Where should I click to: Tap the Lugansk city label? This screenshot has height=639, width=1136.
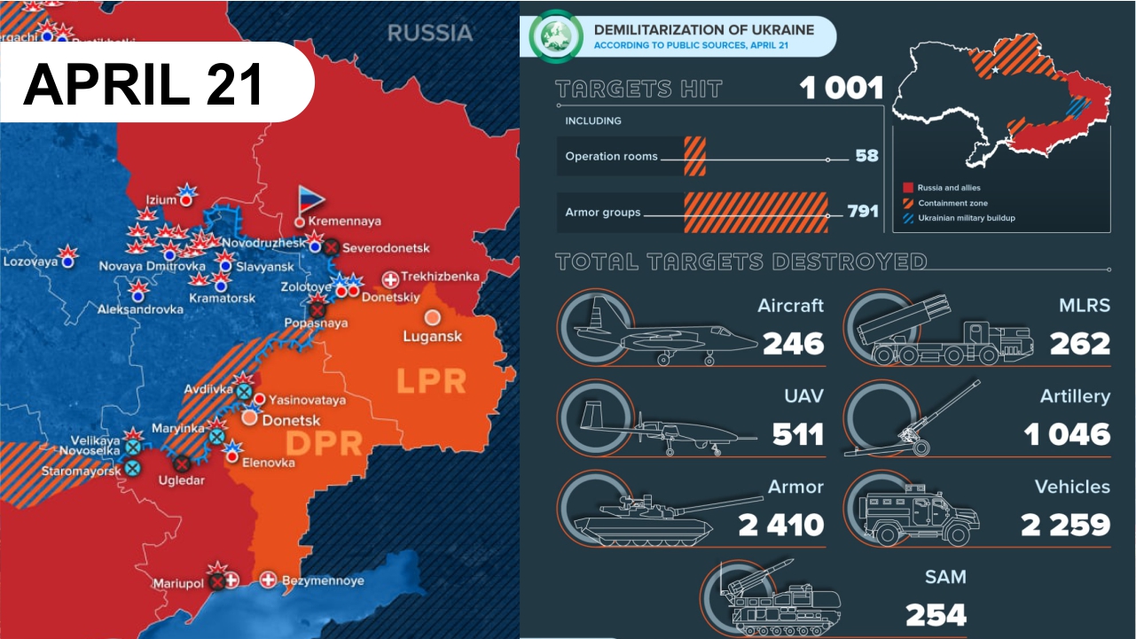[432, 337]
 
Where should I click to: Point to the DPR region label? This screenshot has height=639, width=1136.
[312, 442]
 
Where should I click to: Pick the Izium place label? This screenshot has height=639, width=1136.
[161, 199]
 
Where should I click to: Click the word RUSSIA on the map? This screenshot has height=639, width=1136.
[430, 34]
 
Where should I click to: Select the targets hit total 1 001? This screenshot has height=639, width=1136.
[841, 89]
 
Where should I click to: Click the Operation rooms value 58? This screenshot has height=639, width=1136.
[866, 156]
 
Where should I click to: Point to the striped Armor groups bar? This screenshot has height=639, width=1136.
[756, 213]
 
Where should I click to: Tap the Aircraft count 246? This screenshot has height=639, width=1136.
[793, 343]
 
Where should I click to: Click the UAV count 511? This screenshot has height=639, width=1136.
[797, 434]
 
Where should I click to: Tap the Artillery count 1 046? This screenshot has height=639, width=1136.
[1066, 434]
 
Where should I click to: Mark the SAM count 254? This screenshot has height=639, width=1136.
[936, 615]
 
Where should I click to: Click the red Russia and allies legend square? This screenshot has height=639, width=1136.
[908, 188]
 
